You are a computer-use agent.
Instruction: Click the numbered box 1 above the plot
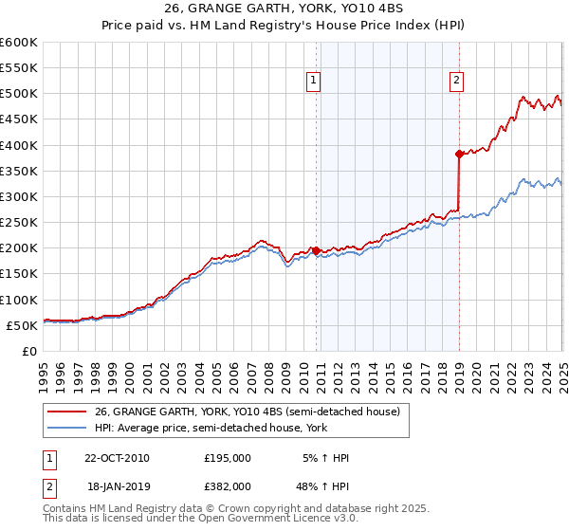[x=313, y=82]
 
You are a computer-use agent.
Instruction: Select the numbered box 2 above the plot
[x=456, y=82]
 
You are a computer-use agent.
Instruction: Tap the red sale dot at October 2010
[x=316, y=250]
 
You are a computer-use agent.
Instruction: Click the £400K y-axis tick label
[x=19, y=145]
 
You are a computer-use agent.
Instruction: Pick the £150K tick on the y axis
[x=19, y=274]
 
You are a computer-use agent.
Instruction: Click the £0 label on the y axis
[x=28, y=351]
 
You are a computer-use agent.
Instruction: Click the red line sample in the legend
[x=67, y=412]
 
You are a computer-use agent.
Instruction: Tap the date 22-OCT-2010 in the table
[x=118, y=458]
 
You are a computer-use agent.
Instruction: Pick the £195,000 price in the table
[x=227, y=458]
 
